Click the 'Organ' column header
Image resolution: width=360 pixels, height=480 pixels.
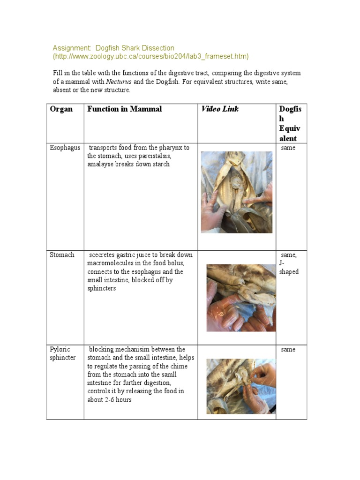[61, 109]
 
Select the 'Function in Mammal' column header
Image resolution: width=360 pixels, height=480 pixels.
[124, 109]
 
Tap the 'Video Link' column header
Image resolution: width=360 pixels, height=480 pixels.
[220, 109]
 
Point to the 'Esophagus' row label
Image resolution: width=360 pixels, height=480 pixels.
[65, 148]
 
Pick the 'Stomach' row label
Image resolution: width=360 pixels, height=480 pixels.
[62, 255]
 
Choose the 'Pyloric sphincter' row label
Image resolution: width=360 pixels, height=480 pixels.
[63, 353]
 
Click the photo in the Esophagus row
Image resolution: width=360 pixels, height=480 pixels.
[236, 192]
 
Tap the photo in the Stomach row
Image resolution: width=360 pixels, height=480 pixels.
[241, 298]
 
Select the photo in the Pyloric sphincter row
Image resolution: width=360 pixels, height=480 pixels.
[241, 386]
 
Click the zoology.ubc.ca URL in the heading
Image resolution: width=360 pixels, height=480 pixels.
[150, 57]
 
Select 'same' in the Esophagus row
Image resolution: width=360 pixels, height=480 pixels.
[288, 148]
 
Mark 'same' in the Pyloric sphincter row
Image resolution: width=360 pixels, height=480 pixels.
[288, 350]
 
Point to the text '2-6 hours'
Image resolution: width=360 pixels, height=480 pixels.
[116, 400]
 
